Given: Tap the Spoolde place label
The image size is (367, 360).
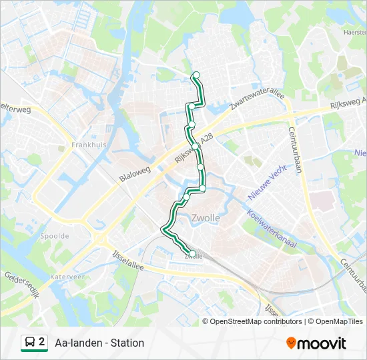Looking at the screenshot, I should [54, 236].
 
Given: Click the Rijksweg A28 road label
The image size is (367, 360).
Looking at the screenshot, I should [194, 148].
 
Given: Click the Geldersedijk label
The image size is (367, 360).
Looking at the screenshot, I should [22, 284].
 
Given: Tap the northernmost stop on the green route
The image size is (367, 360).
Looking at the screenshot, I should [196, 75].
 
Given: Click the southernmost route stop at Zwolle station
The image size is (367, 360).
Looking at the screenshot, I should [192, 253].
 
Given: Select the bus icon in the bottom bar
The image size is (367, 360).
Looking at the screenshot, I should [29, 343].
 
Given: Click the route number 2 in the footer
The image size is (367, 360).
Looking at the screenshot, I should [42, 342].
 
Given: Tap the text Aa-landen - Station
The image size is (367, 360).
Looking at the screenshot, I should [99, 343].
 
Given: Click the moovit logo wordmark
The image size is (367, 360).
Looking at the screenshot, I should [322, 343].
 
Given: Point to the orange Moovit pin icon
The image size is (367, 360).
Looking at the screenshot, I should [291, 343].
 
